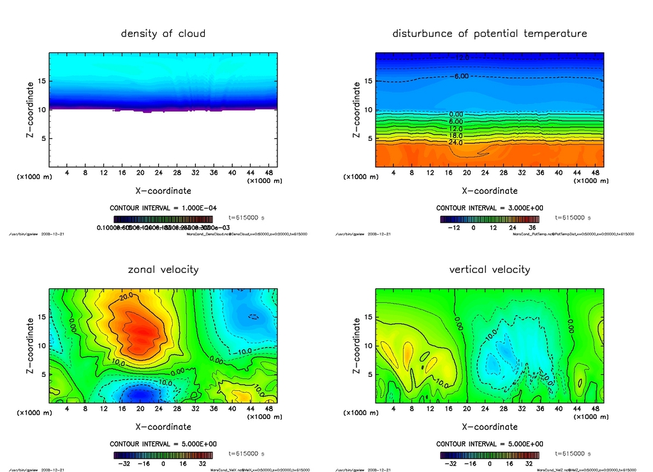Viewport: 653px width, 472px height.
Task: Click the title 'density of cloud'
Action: coord(163,33)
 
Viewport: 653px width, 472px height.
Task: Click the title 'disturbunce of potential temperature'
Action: coord(490,33)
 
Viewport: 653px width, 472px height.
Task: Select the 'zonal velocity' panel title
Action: coord(163,269)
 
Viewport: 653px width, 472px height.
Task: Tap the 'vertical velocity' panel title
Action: coord(490,269)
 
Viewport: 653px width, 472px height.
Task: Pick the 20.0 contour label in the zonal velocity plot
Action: coord(126,297)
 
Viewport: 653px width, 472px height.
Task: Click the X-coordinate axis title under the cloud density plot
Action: coord(163,190)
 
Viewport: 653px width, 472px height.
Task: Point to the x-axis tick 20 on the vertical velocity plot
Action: coord(467,408)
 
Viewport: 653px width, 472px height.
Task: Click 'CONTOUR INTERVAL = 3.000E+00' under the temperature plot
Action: coord(490,208)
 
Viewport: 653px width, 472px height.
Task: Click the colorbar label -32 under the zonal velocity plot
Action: coord(124,464)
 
